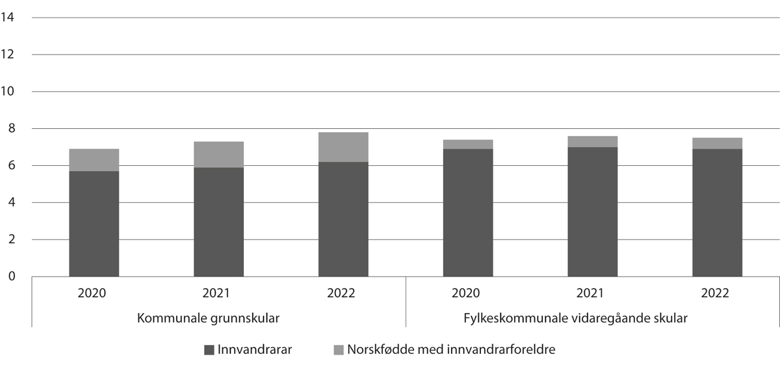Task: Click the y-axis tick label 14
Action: (8, 18)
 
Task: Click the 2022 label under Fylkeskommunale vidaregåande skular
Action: (717, 293)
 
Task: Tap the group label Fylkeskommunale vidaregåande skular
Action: (575, 319)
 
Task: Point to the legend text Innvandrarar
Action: (255, 350)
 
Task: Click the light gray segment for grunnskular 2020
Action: (94, 160)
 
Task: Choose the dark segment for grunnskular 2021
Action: (218, 222)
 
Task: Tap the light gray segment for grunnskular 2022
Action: (343, 147)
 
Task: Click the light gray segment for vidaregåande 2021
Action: (592, 142)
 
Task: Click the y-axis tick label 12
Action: (8, 55)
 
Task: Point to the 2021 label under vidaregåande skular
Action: (592, 293)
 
